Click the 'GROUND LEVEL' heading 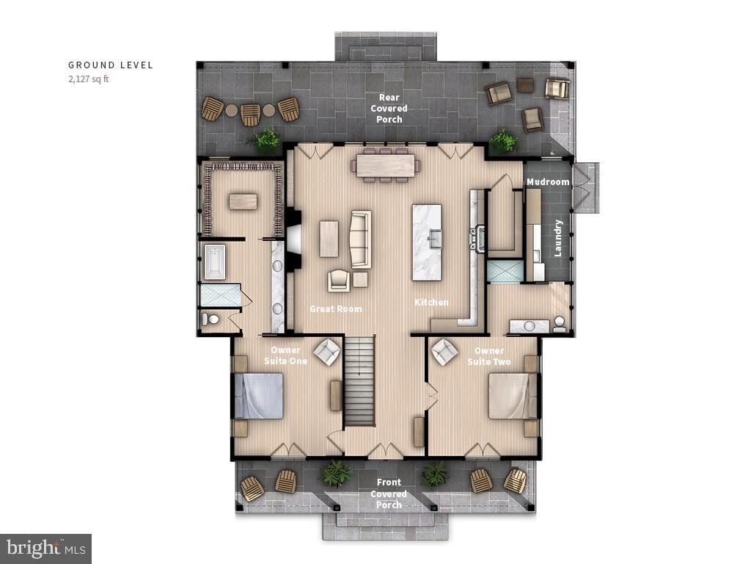[x=111, y=65]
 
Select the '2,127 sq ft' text [x=89, y=79]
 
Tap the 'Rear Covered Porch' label [x=389, y=109]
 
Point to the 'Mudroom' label [x=548, y=182]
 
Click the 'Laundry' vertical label [x=558, y=237]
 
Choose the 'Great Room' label [x=336, y=309]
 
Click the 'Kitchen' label [x=431, y=303]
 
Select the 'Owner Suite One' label [x=285, y=355]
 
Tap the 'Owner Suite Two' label [x=489, y=356]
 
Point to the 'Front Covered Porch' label [x=389, y=493]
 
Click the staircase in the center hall [x=359, y=380]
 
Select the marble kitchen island [x=427, y=242]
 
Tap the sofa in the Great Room [x=361, y=239]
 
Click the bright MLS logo [x=45, y=548]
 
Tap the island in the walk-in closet [x=243, y=201]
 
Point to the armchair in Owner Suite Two [x=444, y=352]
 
